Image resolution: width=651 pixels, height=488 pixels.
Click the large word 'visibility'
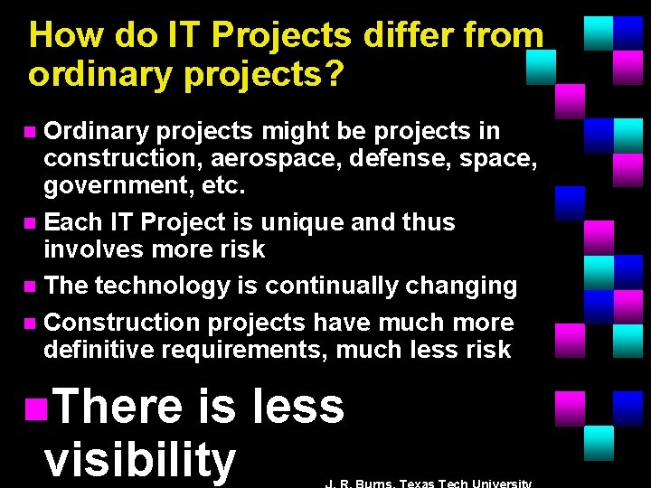click(139, 459)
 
